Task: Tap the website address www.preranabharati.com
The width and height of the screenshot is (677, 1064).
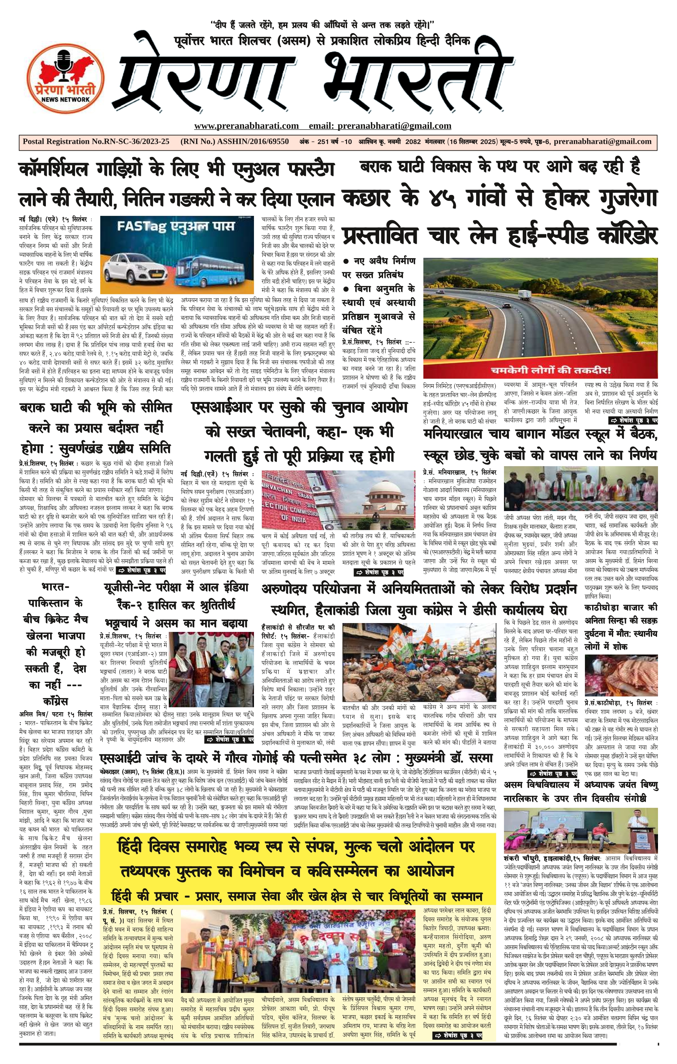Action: coord(246,126)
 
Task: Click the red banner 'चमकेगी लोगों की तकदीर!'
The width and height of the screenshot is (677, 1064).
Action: coord(540,370)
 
